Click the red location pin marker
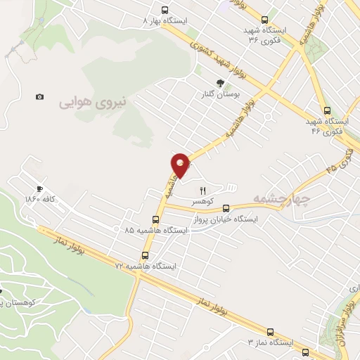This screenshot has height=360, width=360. (181, 165)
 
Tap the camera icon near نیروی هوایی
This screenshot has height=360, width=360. (39, 96)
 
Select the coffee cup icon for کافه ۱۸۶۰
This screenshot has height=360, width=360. (39, 189)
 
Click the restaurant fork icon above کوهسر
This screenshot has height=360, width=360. (203, 190)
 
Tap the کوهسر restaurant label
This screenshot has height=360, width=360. (203, 200)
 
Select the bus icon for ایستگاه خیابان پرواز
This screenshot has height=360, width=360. (226, 208)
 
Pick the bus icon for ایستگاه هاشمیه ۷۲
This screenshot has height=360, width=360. (146, 256)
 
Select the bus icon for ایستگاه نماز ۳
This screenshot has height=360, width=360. (270, 331)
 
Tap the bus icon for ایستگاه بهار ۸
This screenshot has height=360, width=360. (165, 11)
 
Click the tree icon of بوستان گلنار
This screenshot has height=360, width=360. (221, 82)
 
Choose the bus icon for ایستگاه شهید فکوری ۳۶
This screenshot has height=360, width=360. (264, 20)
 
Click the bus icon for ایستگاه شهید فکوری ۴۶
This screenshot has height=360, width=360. (327, 110)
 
